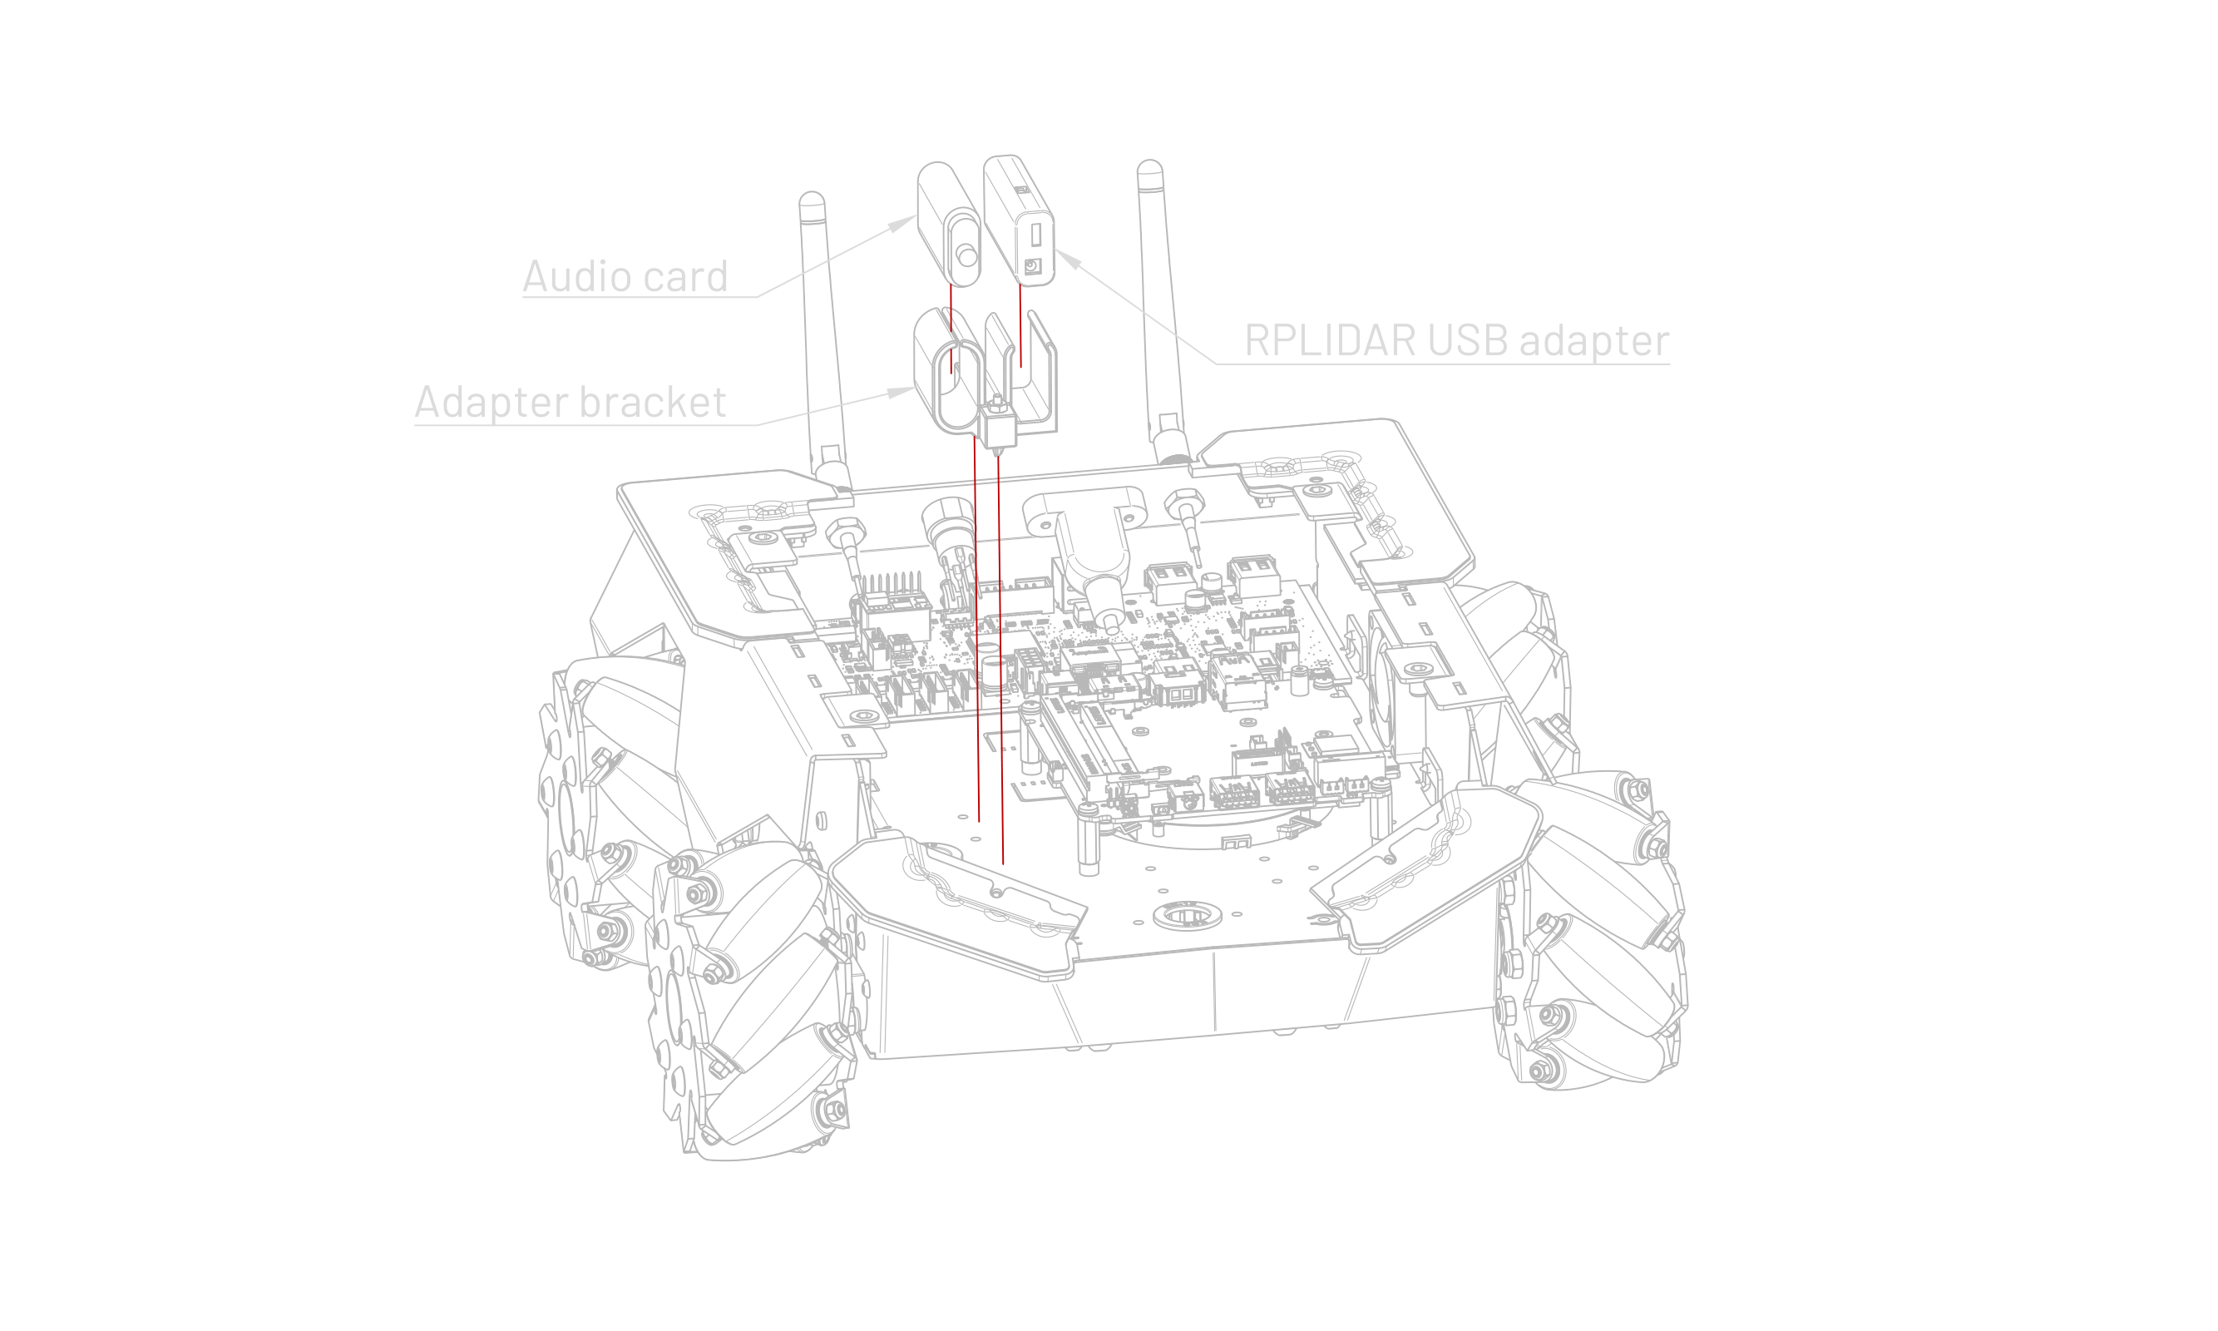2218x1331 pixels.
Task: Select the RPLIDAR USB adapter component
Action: pyautogui.click(x=1019, y=220)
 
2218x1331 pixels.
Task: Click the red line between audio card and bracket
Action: pyautogui.click(x=951, y=329)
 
